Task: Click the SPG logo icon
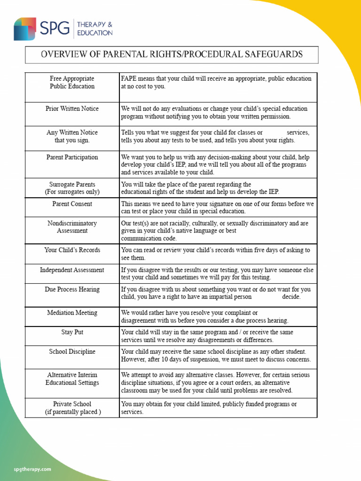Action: pyautogui.click(x=25, y=29)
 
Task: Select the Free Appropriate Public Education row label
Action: pyautogui.click(x=72, y=82)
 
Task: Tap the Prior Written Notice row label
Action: pyautogui.click(x=72, y=109)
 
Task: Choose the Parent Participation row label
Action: pyautogui.click(x=72, y=157)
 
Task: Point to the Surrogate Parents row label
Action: pyautogui.click(x=72, y=188)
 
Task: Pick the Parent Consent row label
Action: pyautogui.click(x=72, y=204)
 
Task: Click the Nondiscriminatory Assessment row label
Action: pyautogui.click(x=72, y=227)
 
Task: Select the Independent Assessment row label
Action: pyautogui.click(x=72, y=270)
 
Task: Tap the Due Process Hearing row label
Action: pyautogui.click(x=72, y=289)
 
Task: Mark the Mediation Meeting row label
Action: pyautogui.click(x=72, y=313)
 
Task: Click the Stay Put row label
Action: pyautogui.click(x=72, y=332)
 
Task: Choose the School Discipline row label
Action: pyautogui.click(x=72, y=351)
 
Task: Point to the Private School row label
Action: pyautogui.click(x=72, y=408)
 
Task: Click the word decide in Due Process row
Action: pyautogui.click(x=291, y=297)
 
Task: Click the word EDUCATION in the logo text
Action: pyautogui.click(x=94, y=33)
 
